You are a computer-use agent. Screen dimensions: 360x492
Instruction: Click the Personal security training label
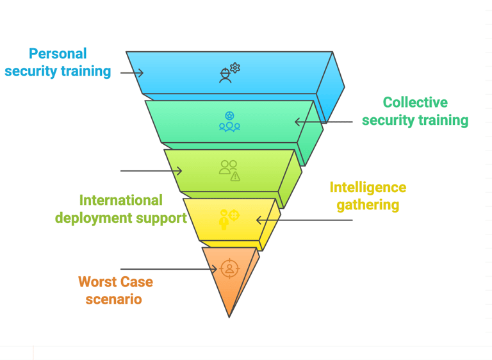(x=58, y=62)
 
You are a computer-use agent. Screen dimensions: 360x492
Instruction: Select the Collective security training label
(x=414, y=111)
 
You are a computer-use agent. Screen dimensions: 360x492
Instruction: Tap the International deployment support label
(x=120, y=209)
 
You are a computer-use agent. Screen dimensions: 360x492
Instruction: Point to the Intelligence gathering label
(x=368, y=196)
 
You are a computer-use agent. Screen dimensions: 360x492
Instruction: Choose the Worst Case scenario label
(x=115, y=290)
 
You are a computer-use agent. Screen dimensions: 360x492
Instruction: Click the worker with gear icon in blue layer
(x=229, y=72)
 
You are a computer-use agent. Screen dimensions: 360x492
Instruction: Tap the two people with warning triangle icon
(x=229, y=170)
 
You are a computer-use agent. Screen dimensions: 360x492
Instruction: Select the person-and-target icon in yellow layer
(x=229, y=218)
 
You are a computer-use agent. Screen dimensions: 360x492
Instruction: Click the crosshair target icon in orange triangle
(x=229, y=268)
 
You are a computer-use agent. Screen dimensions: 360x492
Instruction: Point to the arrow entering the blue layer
(x=131, y=73)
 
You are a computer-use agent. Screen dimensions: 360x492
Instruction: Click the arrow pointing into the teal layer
(x=324, y=122)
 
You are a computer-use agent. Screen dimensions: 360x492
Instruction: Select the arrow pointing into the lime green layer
(x=151, y=171)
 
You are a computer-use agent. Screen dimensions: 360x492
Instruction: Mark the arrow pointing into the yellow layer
(x=304, y=220)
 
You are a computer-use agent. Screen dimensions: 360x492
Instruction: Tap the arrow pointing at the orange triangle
(x=169, y=269)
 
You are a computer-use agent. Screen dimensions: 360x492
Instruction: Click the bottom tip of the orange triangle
(x=229, y=316)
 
